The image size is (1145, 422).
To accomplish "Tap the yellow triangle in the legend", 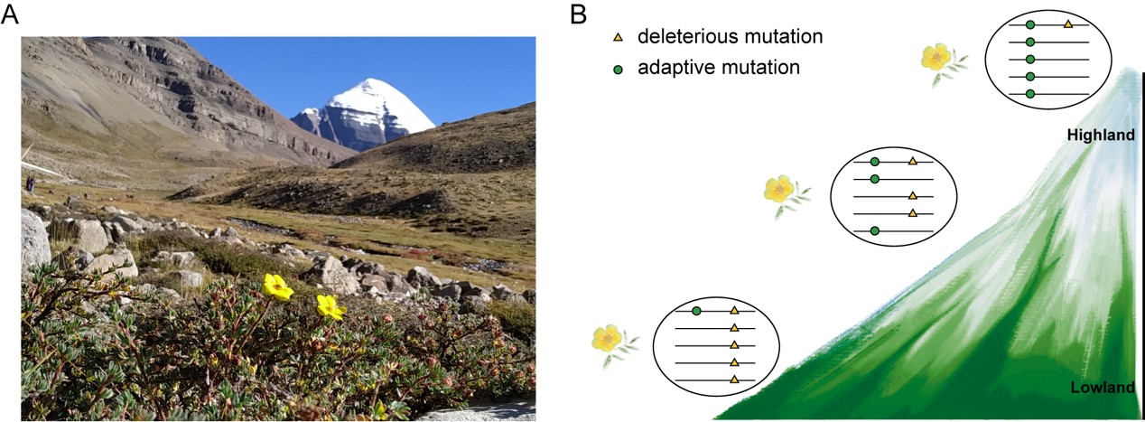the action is (x=618, y=37).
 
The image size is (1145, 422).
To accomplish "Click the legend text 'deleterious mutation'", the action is (x=730, y=36).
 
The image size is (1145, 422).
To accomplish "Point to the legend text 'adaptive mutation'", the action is (x=719, y=68).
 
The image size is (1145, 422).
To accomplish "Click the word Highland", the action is (x=1101, y=135).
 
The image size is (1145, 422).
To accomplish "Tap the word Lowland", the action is (x=1103, y=388).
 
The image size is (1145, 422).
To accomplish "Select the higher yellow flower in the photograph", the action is (x=277, y=286).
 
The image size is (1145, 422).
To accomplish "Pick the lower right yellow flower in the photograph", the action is (x=330, y=307).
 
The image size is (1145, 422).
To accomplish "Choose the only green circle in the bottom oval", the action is (x=696, y=311).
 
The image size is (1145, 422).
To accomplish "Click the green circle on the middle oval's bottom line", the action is (x=875, y=230).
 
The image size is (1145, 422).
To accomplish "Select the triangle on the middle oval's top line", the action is (x=912, y=162).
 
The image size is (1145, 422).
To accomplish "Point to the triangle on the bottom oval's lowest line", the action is (x=734, y=380).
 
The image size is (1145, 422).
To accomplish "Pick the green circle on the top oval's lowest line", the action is (x=1030, y=94).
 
